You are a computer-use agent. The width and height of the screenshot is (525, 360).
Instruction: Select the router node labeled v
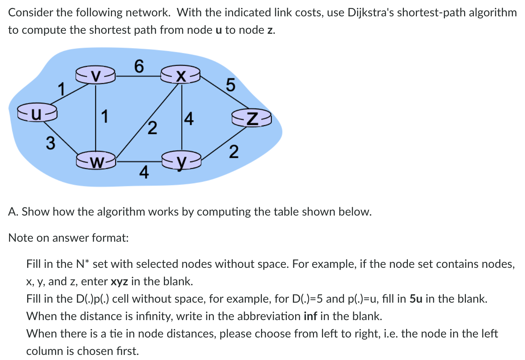(95, 75)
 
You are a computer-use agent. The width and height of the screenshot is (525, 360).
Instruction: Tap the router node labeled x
(181, 75)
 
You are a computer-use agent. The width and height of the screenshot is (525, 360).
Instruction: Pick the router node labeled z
(252, 119)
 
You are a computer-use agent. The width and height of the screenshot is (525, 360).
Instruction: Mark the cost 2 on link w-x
(153, 128)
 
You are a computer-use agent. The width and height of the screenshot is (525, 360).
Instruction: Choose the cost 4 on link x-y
(189, 119)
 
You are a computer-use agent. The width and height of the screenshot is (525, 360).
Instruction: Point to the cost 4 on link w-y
(144, 172)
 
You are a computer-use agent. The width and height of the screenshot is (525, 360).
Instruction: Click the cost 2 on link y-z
(234, 152)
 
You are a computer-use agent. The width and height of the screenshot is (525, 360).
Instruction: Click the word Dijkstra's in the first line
(370, 13)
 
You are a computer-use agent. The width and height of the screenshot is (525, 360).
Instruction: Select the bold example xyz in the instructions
(119, 281)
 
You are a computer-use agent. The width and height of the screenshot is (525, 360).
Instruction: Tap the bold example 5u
(416, 299)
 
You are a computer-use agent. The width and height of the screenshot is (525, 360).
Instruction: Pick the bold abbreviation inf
(310, 316)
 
